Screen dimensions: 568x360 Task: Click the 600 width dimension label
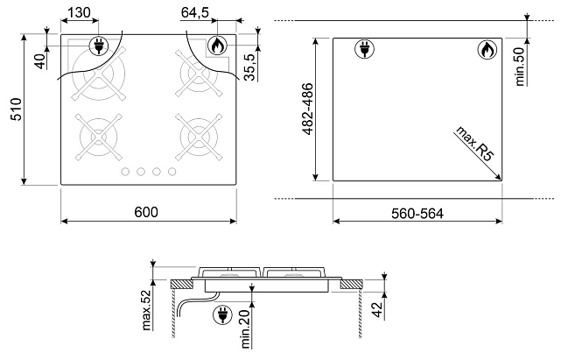[146, 212]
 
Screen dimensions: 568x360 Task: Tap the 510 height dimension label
[17, 109]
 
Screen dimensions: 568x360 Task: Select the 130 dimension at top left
[79, 12]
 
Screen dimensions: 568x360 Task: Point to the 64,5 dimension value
[195, 12]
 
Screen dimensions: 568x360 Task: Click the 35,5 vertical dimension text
[250, 67]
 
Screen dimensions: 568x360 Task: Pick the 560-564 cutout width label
[417, 214]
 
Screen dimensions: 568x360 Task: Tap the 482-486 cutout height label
[307, 109]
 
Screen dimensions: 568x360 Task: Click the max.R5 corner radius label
[475, 143]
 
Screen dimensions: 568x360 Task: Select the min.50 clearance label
[520, 67]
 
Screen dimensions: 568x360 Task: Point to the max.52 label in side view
[146, 310]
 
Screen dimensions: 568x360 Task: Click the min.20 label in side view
[246, 329]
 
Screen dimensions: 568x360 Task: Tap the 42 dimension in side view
[377, 309]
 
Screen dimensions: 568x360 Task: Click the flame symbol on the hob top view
[217, 46]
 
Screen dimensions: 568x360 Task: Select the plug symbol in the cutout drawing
[365, 49]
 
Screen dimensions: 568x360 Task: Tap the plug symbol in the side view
[222, 314]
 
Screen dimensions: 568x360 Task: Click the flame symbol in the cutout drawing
[487, 49]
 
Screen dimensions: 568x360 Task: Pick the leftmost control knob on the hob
[125, 172]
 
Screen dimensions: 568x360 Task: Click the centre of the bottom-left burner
[99, 137]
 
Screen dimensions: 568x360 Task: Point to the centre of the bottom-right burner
[199, 137]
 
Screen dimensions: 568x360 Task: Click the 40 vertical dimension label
[42, 61]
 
